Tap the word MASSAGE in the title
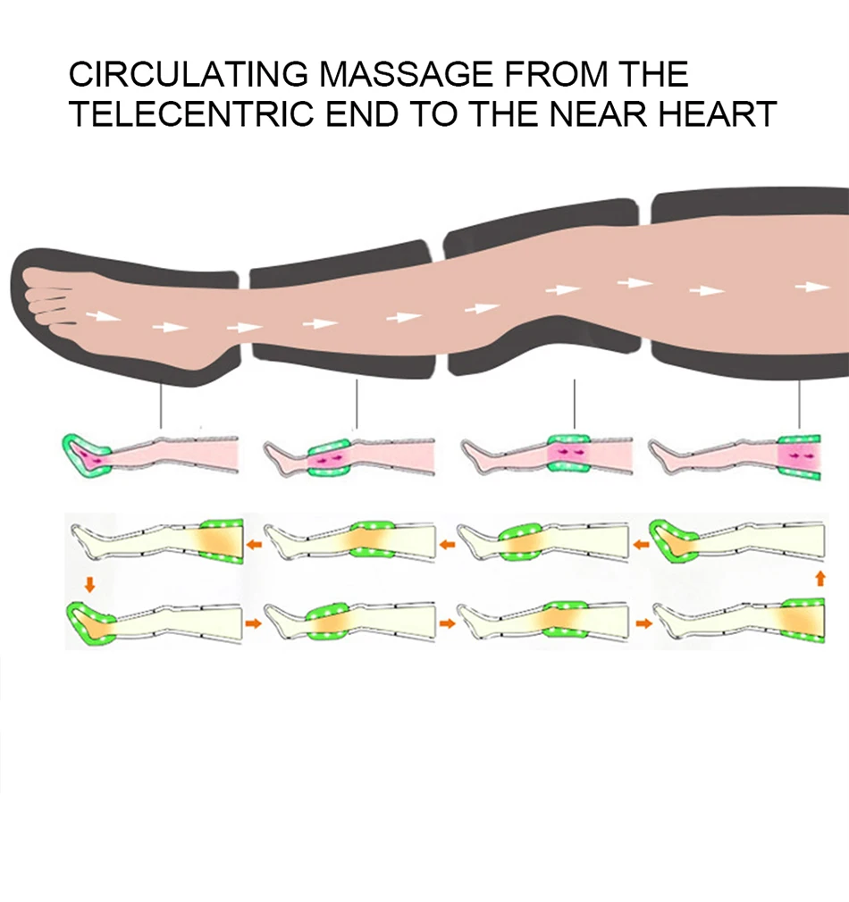tap(406, 74)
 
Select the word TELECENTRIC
tap(191, 113)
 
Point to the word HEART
tap(718, 113)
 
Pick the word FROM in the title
tap(556, 74)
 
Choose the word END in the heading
tap(362, 113)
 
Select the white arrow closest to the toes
tap(104, 316)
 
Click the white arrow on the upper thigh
tap(812, 287)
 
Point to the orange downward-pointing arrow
tap(89, 585)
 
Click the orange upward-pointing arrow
tap(820, 578)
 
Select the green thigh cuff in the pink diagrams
tap(800, 456)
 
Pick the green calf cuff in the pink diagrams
tap(329, 457)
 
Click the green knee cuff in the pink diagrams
tap(568, 454)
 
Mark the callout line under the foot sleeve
tap(161, 406)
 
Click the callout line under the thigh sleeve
tap(800, 404)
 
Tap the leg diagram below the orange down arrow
tap(155, 623)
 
